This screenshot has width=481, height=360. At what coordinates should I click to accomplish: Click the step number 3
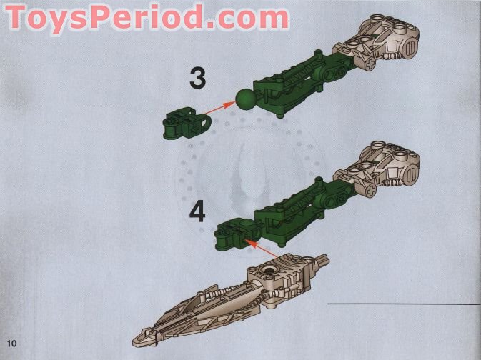click(197, 79)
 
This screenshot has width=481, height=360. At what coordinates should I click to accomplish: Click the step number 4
click(197, 212)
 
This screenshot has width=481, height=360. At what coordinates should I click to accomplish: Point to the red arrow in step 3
click(218, 109)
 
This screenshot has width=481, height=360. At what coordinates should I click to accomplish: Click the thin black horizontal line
click(404, 304)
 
